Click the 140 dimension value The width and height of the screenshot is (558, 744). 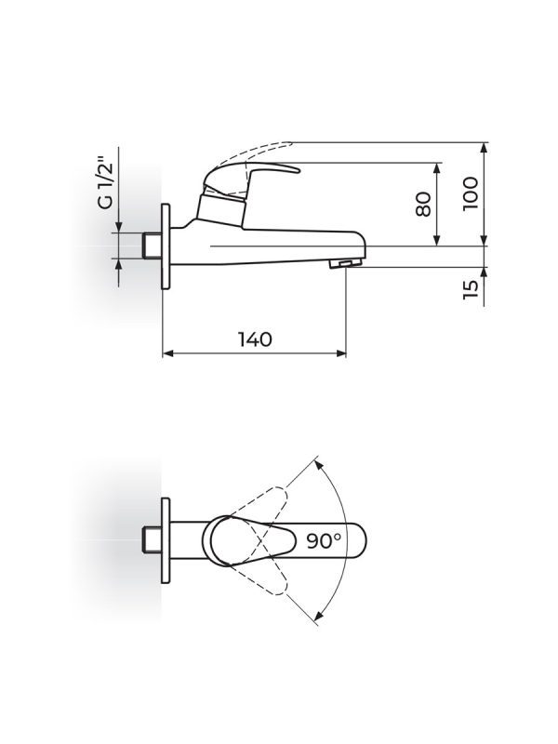(x=255, y=339)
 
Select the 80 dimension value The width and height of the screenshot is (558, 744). (x=423, y=204)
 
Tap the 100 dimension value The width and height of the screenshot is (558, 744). (x=472, y=193)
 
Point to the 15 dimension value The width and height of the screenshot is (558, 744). (x=472, y=289)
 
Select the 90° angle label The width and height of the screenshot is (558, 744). (x=323, y=540)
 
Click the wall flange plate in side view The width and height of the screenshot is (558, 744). (x=166, y=247)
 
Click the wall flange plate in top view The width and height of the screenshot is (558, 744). (x=166, y=539)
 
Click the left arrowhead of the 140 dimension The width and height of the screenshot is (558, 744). (x=168, y=353)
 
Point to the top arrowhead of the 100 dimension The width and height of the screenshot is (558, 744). (x=484, y=148)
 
